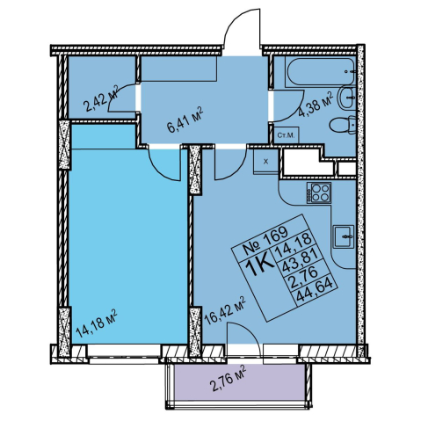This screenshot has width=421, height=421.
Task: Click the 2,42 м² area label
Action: click(100, 98)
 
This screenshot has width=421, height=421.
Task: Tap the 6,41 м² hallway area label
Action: click(185, 120)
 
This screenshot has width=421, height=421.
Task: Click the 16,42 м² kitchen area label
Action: click(225, 311)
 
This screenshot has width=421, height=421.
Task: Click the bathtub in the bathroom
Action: click(320, 72)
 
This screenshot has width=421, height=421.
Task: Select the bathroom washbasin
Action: click(347, 98)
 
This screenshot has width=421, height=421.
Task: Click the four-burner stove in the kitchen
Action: click(319, 192)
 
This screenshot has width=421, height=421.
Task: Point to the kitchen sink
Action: click(344, 236)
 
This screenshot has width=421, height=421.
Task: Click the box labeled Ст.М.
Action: click(286, 135)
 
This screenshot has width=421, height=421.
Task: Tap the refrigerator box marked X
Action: click(265, 162)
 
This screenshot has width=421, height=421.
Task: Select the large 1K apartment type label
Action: click(259, 265)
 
